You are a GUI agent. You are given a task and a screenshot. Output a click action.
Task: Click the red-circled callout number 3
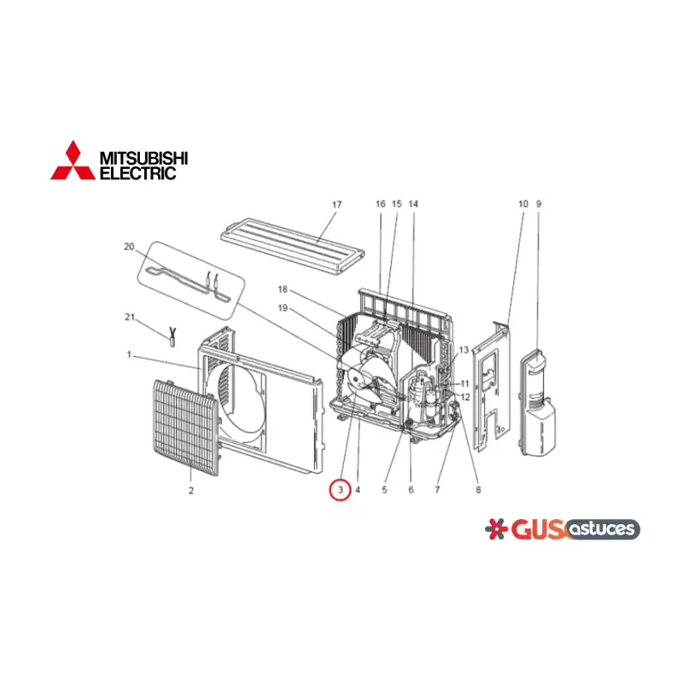tap(340, 490)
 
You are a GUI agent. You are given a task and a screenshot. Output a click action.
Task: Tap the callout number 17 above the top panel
tap(336, 204)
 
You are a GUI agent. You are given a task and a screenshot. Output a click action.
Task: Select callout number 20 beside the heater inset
tap(129, 247)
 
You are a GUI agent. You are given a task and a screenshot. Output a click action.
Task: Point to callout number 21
tap(130, 317)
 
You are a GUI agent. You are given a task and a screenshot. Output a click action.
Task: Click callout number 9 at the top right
tap(539, 204)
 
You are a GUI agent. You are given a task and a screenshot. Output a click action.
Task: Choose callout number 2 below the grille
tap(190, 490)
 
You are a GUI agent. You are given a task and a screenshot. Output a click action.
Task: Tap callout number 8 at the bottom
tap(478, 490)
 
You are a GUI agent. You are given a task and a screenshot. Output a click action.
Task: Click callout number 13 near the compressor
tap(464, 350)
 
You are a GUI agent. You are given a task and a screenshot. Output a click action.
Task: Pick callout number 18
tap(283, 289)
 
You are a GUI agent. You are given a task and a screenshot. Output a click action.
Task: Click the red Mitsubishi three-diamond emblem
tap(73, 161)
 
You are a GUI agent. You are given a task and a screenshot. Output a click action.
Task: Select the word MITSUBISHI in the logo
tap(143, 158)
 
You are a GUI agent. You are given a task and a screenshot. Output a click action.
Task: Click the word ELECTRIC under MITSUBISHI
tap(137, 173)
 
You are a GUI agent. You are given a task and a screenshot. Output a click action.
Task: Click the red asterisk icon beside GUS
tap(496, 528)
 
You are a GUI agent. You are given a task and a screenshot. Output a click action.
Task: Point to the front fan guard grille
tap(185, 428)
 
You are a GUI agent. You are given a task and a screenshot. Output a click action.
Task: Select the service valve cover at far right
tap(539, 403)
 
